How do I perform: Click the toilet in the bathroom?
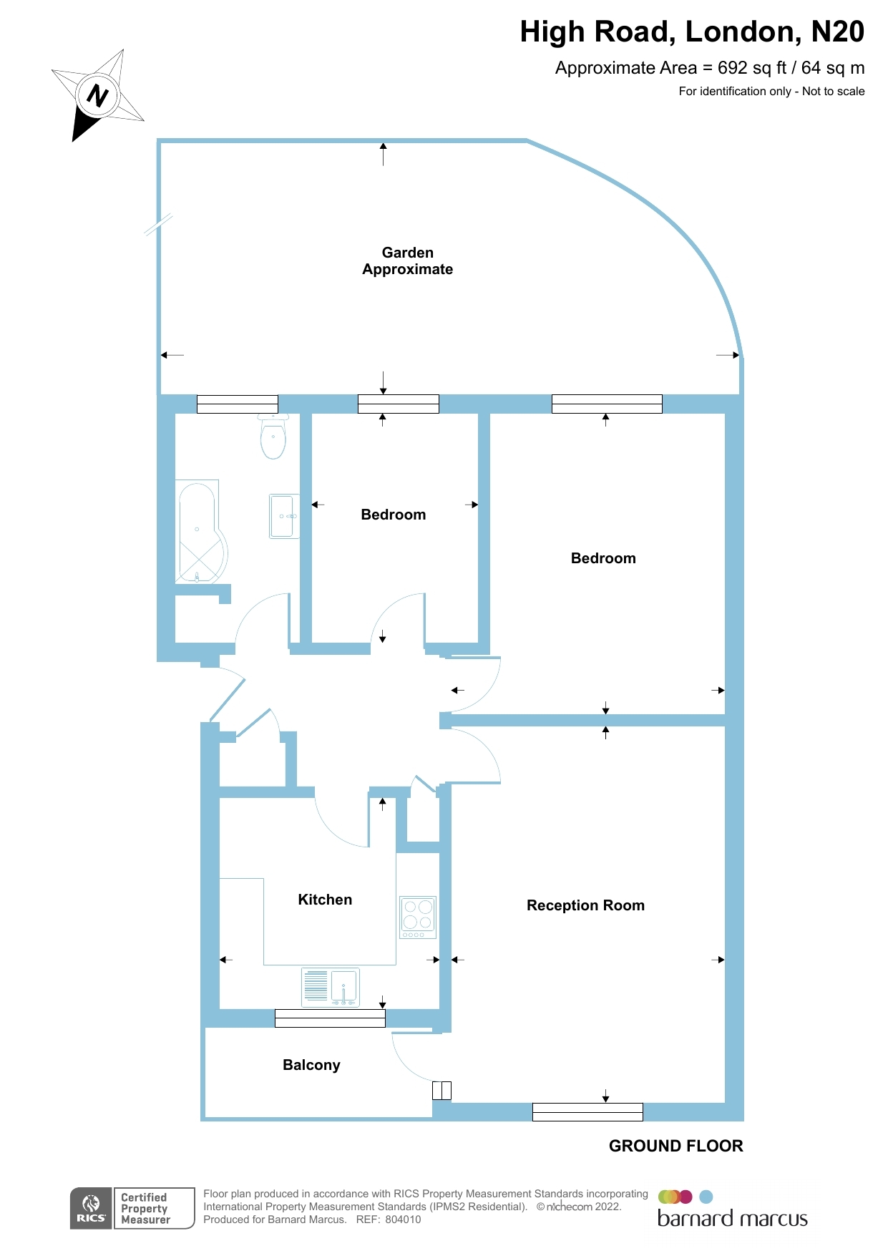point(273,437)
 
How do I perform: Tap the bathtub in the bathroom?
point(200,532)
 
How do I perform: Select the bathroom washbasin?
point(283,516)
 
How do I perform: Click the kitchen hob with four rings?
point(418,917)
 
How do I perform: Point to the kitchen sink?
point(331,987)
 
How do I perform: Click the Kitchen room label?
point(325,900)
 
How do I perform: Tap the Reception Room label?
point(585,905)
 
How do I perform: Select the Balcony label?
point(311,1065)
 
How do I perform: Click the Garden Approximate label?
point(407,261)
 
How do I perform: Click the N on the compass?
point(97,95)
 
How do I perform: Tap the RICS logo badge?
point(92,1208)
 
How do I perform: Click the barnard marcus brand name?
point(732,1219)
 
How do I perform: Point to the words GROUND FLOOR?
point(675,1146)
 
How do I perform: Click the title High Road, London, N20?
point(691,32)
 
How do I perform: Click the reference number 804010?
point(403,1220)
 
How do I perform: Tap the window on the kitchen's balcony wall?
point(330,1018)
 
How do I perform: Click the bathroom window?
point(238,404)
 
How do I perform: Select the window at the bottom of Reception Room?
point(587,1111)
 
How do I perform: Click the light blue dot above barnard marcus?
point(706,1197)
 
